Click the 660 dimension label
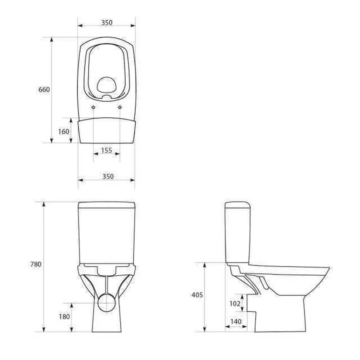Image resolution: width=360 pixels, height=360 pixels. coord(44,90)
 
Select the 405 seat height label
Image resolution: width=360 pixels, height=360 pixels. coord(197,295)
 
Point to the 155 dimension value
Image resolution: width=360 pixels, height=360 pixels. coord(106,150)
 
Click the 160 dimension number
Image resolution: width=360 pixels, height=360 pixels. coord(64,131)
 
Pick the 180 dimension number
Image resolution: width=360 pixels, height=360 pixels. coord(64,316)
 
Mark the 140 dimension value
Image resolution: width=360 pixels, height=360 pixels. coord(236,321)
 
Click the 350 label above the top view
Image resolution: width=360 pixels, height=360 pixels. coord(106,23)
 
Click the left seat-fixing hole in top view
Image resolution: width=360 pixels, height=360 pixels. coord(93,108)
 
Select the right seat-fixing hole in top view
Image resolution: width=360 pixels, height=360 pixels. coord(120,108)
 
